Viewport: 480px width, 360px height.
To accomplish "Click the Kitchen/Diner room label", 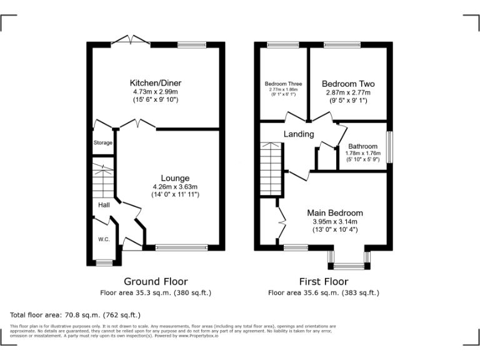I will (156, 83).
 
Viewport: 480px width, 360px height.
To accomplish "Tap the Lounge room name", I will (175, 178).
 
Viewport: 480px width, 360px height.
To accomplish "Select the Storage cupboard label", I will (103, 143).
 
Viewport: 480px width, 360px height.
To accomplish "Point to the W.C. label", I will (104, 239).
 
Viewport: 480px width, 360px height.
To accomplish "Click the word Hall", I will (104, 205).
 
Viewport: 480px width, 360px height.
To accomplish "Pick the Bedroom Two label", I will (348, 83).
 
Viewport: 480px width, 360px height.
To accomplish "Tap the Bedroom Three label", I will (283, 84).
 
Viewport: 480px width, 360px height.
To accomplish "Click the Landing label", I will (299, 134).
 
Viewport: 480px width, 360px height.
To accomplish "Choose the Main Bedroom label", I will (334, 213).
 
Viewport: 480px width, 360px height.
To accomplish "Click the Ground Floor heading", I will (156, 281).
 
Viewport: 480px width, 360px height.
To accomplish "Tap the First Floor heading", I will (323, 281).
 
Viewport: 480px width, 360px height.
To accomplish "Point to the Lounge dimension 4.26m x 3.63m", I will (175, 186).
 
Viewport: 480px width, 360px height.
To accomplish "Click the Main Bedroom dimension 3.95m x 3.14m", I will (335, 221).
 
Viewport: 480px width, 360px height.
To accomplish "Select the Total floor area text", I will (76, 314).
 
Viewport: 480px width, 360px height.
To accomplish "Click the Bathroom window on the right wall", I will (389, 146).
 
